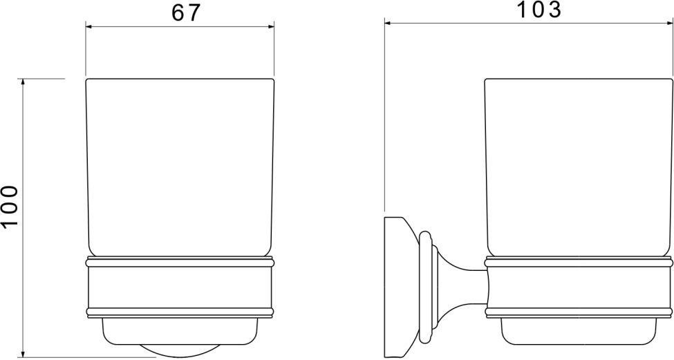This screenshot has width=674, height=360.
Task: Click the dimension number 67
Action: click(x=186, y=13)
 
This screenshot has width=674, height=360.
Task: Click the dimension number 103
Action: click(x=539, y=10)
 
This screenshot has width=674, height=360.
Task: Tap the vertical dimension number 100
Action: click(x=10, y=206)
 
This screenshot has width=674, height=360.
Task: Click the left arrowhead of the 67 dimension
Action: click(x=89, y=27)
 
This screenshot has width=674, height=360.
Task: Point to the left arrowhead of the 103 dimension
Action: click(x=388, y=23)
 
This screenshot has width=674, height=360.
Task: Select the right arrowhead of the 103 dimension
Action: click(x=669, y=23)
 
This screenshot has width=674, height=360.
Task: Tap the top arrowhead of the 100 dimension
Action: click(x=24, y=82)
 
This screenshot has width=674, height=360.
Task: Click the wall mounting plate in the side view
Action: click(x=394, y=287)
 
